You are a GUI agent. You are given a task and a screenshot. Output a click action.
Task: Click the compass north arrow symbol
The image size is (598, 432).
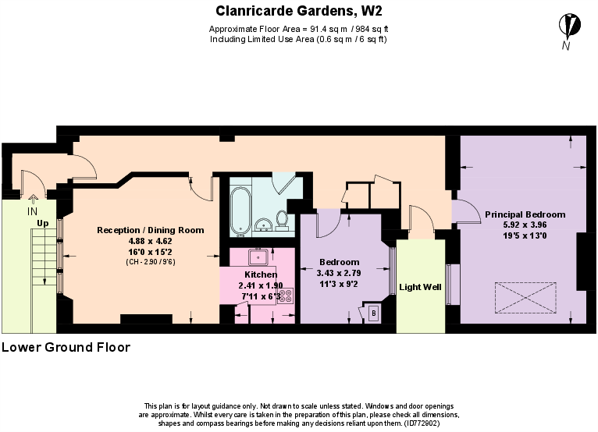click(x=573, y=26)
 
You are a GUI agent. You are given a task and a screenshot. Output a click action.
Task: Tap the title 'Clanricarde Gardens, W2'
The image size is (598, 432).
click(x=299, y=11)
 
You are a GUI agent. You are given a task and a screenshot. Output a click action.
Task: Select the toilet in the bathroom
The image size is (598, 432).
click(x=281, y=222)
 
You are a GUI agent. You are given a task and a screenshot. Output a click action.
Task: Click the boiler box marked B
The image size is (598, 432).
click(x=373, y=313)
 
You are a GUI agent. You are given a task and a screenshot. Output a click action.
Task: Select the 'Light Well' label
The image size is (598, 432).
click(x=420, y=288)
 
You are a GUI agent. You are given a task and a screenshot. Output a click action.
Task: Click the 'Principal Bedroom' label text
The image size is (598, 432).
click(x=525, y=214)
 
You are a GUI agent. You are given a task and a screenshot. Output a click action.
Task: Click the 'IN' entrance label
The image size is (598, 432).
click(x=32, y=211)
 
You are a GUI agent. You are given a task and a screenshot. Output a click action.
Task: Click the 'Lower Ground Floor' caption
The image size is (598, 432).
click(x=66, y=347)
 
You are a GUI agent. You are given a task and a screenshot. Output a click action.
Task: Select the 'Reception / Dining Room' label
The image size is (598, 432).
click(x=150, y=230)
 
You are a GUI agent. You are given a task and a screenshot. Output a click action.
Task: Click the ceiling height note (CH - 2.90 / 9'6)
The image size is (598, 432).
click(x=150, y=263)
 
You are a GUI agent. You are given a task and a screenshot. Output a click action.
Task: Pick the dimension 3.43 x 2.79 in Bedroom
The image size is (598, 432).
click(x=338, y=274)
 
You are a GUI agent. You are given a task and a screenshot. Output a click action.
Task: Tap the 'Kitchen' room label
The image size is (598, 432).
click(x=260, y=275)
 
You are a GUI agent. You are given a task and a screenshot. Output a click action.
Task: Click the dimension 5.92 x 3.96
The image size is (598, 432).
click(x=525, y=225)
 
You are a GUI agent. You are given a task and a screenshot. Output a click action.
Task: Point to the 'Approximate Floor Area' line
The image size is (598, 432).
click(x=297, y=29)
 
